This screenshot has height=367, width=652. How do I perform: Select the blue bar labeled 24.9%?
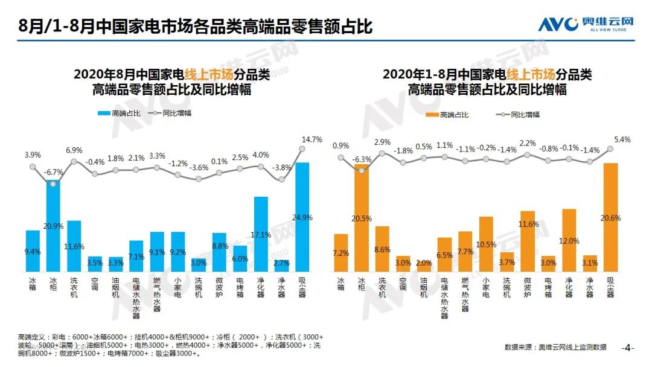point(302,217)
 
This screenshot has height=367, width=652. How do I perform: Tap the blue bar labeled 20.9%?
point(54,226)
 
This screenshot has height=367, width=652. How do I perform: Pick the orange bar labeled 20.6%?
point(610,217)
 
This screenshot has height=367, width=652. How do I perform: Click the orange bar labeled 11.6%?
point(528,241)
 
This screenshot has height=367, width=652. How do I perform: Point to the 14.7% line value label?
point(311,139)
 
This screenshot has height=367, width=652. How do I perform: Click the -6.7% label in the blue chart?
point(54,171)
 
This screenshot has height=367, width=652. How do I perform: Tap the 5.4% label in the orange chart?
point(622,139)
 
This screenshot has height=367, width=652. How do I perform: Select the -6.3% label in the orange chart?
point(362,159)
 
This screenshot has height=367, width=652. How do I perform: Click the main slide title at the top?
point(196,27)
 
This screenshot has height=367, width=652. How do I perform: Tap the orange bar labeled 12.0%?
point(569,240)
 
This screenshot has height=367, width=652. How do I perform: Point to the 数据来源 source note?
point(555,347)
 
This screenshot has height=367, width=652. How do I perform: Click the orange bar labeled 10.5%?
point(486,244)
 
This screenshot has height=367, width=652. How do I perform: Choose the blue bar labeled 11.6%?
point(74,246)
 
